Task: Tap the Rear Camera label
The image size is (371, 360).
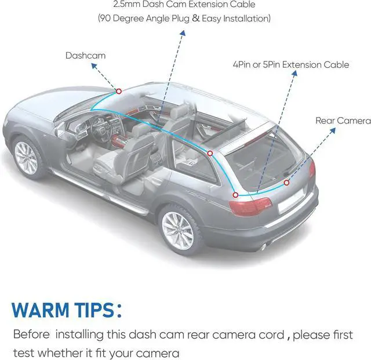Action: pos(343,121)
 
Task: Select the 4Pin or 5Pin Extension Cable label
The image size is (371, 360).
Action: pos(290,64)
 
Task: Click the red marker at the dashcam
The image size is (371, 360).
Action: pos(119,91)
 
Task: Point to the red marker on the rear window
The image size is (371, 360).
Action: pos(286,183)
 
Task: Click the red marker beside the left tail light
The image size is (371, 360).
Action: pos(235,195)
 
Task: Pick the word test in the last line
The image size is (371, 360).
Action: pos(23,352)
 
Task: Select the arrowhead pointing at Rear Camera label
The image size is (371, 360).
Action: pos(336,130)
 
